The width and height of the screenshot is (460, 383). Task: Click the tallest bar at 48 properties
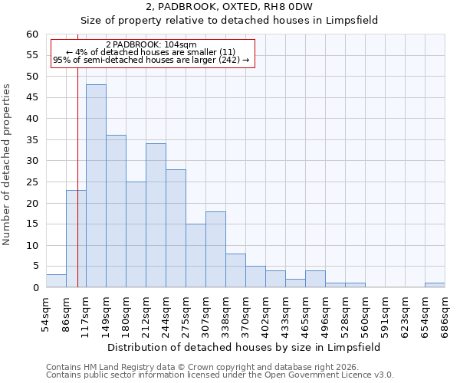pyautogui.click(x=96, y=186)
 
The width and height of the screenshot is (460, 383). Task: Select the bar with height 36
pyautogui.click(x=116, y=211)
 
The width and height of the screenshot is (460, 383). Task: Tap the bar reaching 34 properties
pyautogui.click(x=156, y=215)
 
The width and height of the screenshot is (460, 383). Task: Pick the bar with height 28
pyautogui.click(x=176, y=228)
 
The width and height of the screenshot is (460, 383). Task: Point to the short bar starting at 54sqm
pyautogui.click(x=56, y=281)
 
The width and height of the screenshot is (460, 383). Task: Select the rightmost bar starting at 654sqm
pyautogui.click(x=435, y=285)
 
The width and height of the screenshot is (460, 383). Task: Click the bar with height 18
pyautogui.click(x=215, y=250)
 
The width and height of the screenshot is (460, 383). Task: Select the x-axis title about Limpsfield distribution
pyautogui.click(x=244, y=347)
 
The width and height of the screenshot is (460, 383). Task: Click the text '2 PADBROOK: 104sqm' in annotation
pyautogui.click(x=151, y=45)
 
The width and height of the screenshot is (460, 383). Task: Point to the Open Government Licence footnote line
pyautogui.click(x=220, y=375)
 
